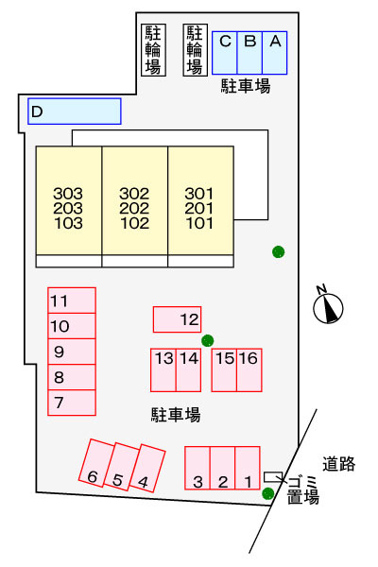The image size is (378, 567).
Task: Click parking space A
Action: (275, 53)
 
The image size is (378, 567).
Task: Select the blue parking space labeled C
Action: (225, 53)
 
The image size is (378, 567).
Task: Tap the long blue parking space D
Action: (75, 112)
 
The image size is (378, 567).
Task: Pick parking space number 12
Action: (178, 319)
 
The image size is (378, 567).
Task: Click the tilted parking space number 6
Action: (96, 463)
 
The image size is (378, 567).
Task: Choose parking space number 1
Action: (248, 469)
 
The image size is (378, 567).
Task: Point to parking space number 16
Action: (249, 370)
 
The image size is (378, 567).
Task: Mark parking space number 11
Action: (72, 301)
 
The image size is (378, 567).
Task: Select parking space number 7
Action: (72, 403)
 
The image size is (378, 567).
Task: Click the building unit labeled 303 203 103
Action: (69, 200)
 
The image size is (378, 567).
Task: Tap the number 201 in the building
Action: (199, 208)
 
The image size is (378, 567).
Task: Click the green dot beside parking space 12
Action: (208, 340)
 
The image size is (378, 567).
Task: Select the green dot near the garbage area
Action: (268, 493)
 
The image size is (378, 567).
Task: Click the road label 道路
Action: (339, 464)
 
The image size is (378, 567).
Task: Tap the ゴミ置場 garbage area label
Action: (303, 490)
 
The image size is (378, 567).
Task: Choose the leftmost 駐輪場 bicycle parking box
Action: (153, 50)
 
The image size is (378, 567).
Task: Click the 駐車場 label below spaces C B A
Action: (246, 86)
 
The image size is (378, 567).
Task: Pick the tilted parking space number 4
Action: (147, 469)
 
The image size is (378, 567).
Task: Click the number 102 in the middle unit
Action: (134, 223)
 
